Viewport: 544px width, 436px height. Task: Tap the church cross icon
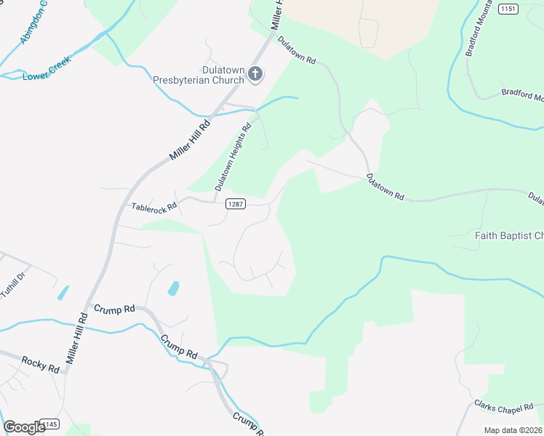pos(255,73)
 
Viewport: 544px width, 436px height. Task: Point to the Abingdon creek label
pos(34,22)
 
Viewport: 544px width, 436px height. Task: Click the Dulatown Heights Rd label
pos(233,157)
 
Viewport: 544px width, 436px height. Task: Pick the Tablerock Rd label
pos(153,207)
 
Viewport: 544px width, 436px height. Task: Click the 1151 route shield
pos(508,9)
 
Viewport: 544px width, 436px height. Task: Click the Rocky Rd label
pos(40,364)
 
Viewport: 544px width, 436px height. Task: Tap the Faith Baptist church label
pos(509,235)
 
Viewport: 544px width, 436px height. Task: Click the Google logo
pos(23,427)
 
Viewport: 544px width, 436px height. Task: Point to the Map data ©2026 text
pos(513,430)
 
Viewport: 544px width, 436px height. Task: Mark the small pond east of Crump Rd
pos(174,288)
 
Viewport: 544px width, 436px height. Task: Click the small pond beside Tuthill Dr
pos(63,293)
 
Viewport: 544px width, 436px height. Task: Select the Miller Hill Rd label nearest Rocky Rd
pos(76,338)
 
